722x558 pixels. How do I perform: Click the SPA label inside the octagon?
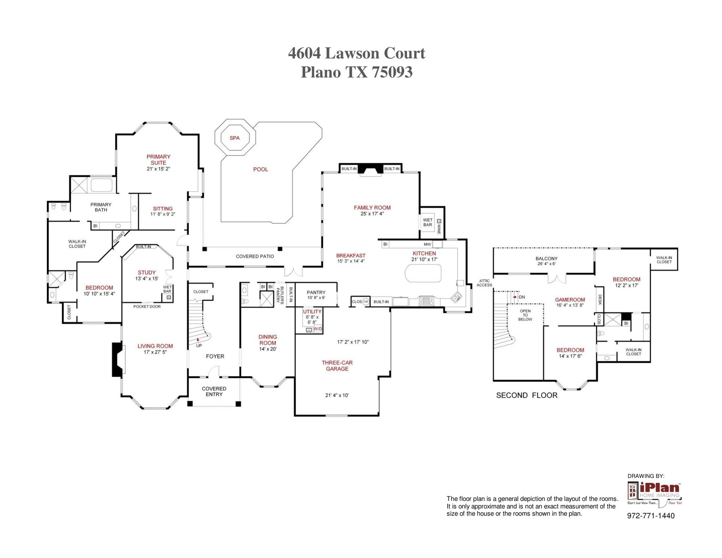tap(234, 138)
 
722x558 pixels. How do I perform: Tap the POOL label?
tap(261, 170)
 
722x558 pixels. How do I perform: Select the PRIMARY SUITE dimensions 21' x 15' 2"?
tap(158, 169)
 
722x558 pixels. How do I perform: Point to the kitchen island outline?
tap(423, 273)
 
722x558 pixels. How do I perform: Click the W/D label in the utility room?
tap(318, 329)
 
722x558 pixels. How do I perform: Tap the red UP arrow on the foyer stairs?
tap(198, 340)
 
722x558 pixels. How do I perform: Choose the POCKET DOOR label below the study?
tap(147, 307)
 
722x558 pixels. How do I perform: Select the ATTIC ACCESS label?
tap(484, 283)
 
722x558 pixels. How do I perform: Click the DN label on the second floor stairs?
tap(521, 297)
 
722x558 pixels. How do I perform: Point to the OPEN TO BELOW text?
tap(525, 315)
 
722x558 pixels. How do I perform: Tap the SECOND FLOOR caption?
tap(527, 395)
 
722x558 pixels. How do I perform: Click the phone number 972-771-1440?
tap(650, 516)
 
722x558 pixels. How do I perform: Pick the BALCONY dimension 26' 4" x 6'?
tap(546, 264)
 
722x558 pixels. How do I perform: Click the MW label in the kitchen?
tap(427, 244)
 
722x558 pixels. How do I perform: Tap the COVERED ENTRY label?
tap(214, 391)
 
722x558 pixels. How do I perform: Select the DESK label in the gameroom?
tap(600, 300)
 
